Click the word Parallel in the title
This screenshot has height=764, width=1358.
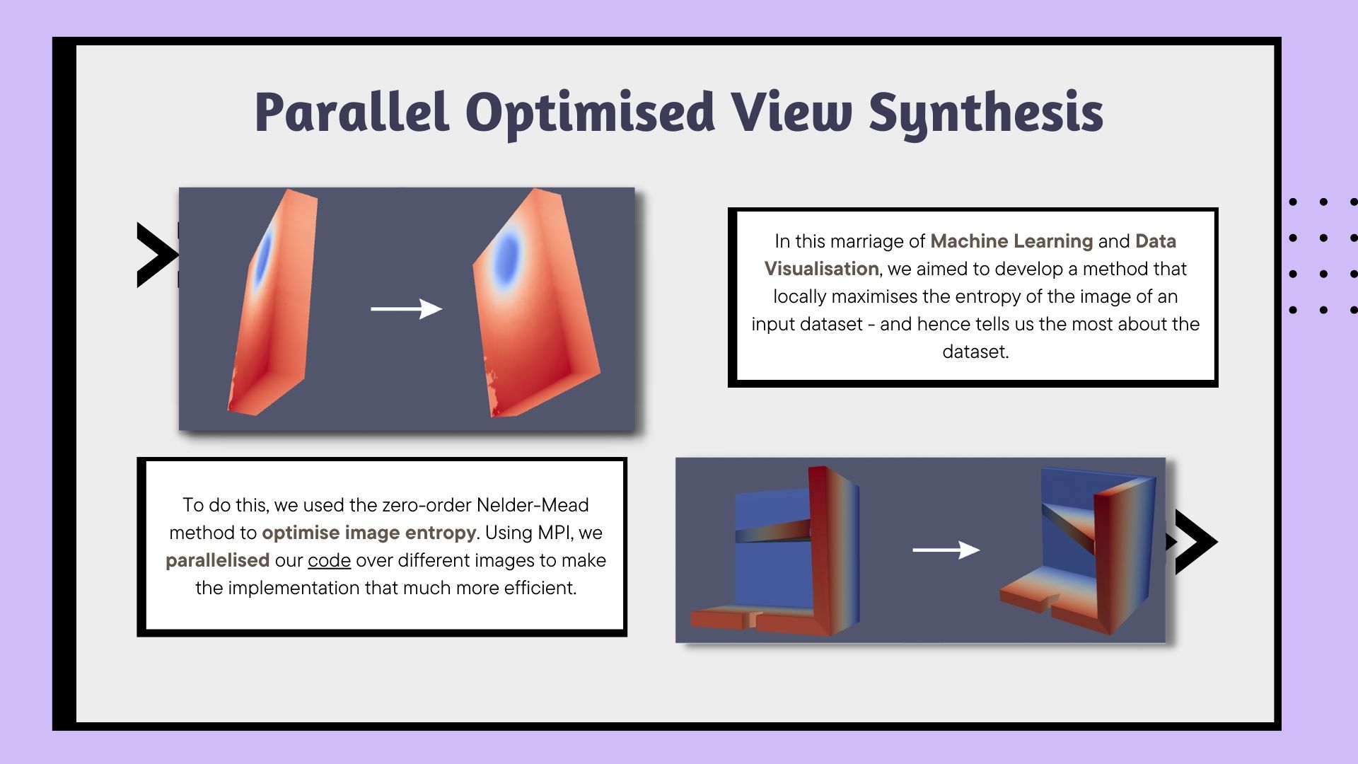(x=352, y=112)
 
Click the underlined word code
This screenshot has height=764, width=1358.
(x=329, y=560)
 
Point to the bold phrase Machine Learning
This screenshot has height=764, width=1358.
(x=1011, y=241)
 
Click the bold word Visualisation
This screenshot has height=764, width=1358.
(x=822, y=269)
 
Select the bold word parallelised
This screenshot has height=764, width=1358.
(x=217, y=560)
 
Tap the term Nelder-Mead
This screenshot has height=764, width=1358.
(x=533, y=505)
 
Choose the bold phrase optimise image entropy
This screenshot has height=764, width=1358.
(x=369, y=533)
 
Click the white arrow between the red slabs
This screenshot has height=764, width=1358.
(x=407, y=308)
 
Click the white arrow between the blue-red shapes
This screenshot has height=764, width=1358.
(x=946, y=550)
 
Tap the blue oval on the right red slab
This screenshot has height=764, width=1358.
(x=507, y=256)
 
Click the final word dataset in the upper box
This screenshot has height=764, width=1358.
(x=975, y=352)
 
